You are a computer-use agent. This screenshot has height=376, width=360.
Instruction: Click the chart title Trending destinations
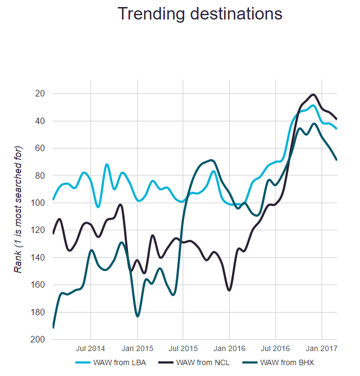[x=200, y=14]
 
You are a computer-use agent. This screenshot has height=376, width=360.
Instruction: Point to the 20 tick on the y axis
[x=40, y=93]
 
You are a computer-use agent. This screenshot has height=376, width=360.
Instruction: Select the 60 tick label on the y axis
[x=40, y=148]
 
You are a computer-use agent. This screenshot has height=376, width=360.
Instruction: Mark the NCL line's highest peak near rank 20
[x=313, y=94]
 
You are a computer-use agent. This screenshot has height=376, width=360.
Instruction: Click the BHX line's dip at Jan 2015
[x=137, y=316]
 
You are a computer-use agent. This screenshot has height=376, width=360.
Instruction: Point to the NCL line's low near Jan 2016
[x=229, y=290]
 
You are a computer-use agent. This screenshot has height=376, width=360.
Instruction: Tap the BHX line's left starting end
[x=53, y=327]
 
